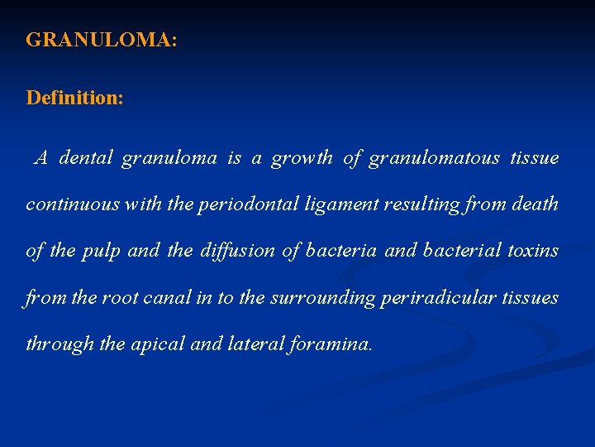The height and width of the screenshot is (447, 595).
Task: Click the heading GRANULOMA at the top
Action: tap(101, 40)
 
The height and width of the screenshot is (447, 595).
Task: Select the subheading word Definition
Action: tap(74, 98)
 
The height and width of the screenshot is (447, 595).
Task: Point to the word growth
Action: tap(302, 157)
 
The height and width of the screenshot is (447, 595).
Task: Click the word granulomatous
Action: tap(433, 157)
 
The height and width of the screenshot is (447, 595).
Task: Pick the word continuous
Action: tap(73, 204)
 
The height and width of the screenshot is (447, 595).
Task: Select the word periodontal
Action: tap(249, 204)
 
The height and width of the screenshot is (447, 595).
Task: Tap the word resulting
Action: tap(421, 204)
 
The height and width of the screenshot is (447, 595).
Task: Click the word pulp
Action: tap(101, 250)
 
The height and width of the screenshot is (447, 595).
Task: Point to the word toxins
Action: tap(532, 250)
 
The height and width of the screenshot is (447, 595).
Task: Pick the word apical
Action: tap(159, 343)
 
